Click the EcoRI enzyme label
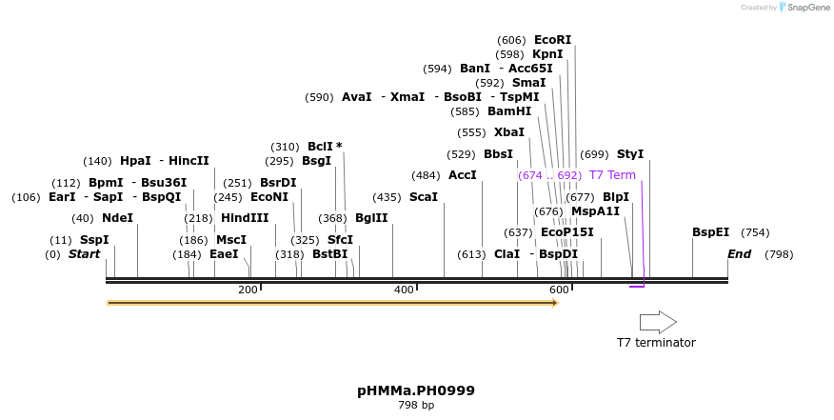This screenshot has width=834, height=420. [x=552, y=40]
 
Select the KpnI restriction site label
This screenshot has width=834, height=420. [x=547, y=54]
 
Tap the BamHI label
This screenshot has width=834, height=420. [x=509, y=111]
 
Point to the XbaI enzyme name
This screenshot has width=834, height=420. [x=508, y=132]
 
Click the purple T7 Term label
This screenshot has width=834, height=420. [x=612, y=175]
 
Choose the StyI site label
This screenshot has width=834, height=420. [x=630, y=154]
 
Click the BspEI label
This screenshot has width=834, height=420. [x=710, y=232]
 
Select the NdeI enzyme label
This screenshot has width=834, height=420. [x=117, y=218]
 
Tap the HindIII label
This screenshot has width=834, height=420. [x=245, y=218]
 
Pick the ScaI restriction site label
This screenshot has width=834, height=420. [x=423, y=197]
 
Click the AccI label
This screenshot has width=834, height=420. [x=462, y=175]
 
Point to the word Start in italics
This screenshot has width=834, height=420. [x=84, y=254]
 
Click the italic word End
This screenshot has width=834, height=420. [x=739, y=254]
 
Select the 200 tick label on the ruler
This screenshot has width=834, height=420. [x=248, y=290]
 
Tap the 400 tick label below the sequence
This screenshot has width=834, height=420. [x=404, y=290]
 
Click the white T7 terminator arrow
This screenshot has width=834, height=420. [x=657, y=322]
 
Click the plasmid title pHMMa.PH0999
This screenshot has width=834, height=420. [x=416, y=390]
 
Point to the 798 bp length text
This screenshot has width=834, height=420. [x=416, y=406]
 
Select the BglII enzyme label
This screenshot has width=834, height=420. [x=371, y=218]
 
